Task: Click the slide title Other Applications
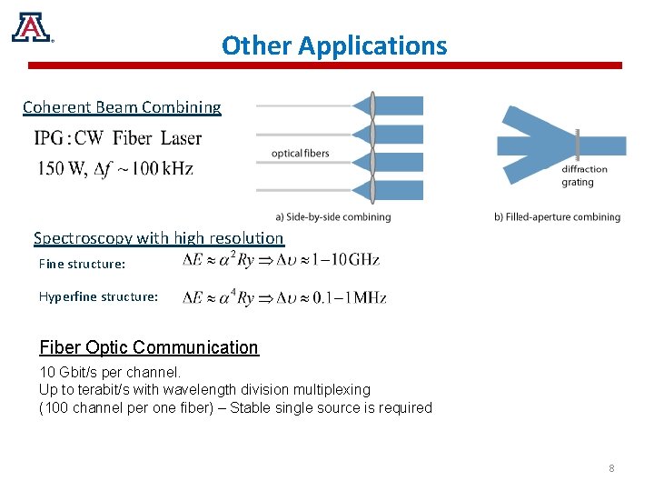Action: (334, 45)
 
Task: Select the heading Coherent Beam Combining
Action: (122, 107)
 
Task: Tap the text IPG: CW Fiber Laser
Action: (118, 139)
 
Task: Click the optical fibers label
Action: (300, 153)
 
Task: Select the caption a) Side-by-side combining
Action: (332, 216)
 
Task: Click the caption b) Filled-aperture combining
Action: (557, 216)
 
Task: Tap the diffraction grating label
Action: (584, 175)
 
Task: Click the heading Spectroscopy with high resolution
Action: (158, 238)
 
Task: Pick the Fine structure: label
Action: (82, 265)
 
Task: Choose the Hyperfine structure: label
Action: (98, 296)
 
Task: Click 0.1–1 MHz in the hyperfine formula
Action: (350, 298)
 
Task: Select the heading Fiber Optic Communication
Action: (149, 347)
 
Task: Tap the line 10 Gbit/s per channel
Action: (111, 372)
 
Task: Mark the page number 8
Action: (611, 468)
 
